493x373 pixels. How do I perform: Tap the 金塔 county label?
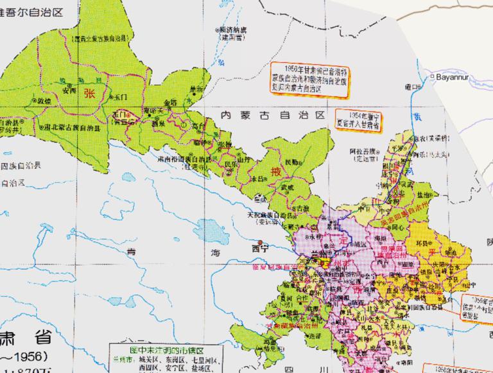(170, 102)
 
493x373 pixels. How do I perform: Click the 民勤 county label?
(291, 162)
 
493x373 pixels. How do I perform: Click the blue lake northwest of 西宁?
(209, 228)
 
